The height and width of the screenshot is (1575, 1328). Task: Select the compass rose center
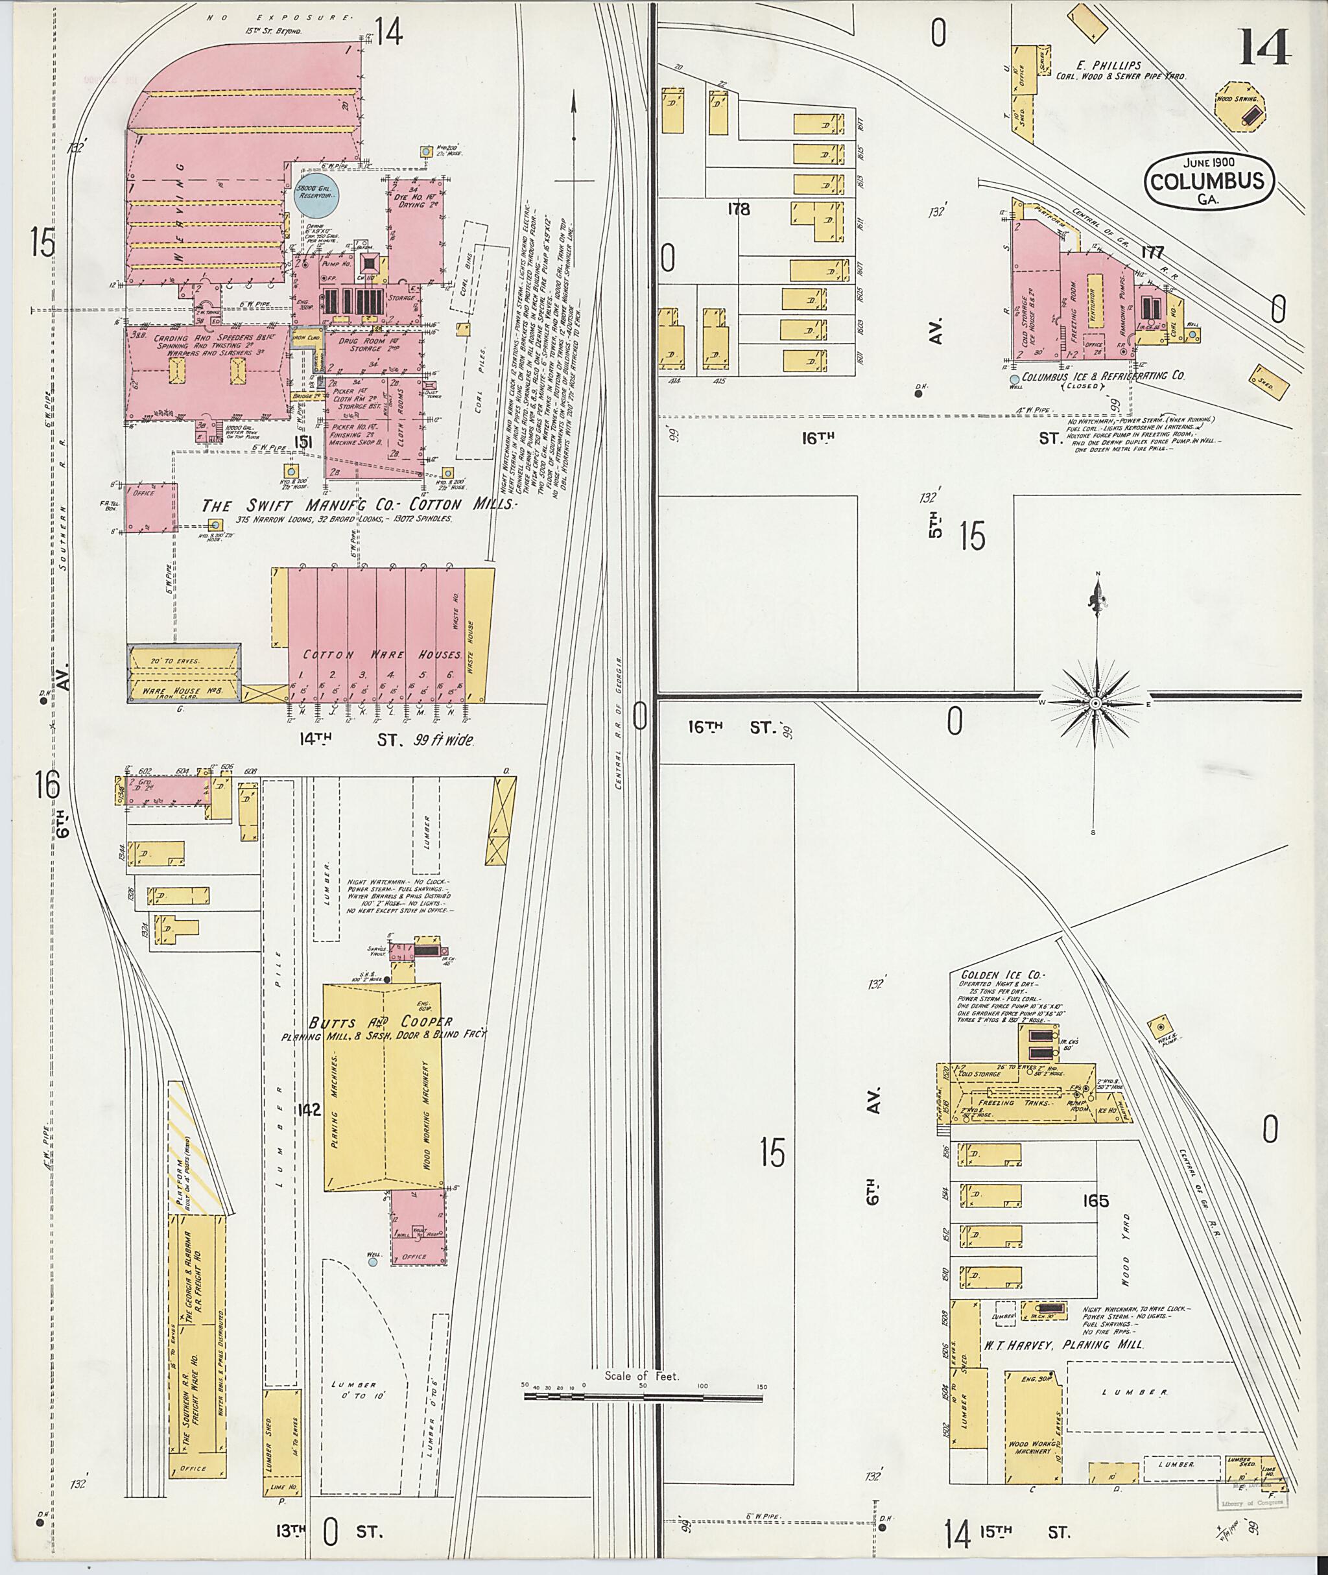(1096, 702)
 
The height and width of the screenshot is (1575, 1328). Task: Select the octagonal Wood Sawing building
(1240, 108)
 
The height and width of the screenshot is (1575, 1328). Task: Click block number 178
(739, 209)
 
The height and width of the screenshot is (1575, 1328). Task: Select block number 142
(309, 1109)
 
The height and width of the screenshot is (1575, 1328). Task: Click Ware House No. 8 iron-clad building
(184, 673)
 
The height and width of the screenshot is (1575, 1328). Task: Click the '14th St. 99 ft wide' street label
(387, 740)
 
